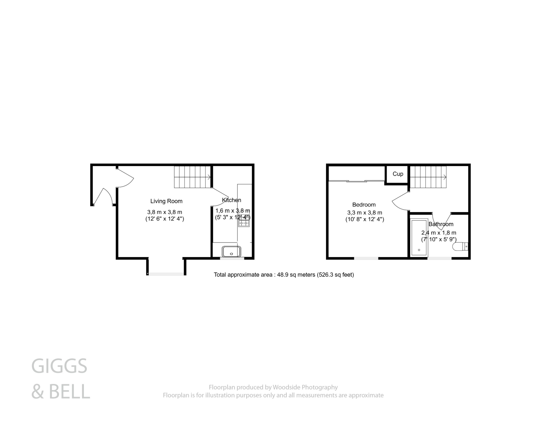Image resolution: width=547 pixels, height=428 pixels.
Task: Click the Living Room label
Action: pyautogui.click(x=166, y=201)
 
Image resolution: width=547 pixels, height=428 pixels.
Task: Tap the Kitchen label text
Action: pyautogui.click(x=231, y=200)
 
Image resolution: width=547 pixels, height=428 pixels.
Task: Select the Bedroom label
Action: pyautogui.click(x=364, y=205)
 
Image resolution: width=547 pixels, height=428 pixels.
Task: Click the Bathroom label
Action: pyautogui.click(x=441, y=224)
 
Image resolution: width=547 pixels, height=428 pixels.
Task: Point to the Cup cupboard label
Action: pyautogui.click(x=398, y=174)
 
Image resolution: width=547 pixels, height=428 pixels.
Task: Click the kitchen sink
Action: pyautogui.click(x=231, y=251)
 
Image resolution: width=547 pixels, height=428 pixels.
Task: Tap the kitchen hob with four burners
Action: pyautogui.click(x=244, y=222)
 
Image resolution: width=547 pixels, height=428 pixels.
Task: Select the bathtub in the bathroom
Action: pyautogui.click(x=419, y=238)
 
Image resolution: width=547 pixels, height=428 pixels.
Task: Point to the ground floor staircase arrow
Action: pyautogui.click(x=209, y=177)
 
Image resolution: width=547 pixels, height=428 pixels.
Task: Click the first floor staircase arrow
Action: pyautogui.click(x=444, y=177)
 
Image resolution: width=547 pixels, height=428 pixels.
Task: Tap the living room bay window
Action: pyautogui.click(x=166, y=274)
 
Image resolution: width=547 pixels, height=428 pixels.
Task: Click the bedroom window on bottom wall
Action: pyautogui.click(x=366, y=258)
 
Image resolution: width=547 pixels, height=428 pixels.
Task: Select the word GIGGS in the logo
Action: pyautogui.click(x=59, y=366)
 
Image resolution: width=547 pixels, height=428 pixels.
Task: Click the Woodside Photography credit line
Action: pyautogui.click(x=273, y=387)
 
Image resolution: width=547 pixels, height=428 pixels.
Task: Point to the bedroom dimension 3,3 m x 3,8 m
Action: pyautogui.click(x=364, y=213)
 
